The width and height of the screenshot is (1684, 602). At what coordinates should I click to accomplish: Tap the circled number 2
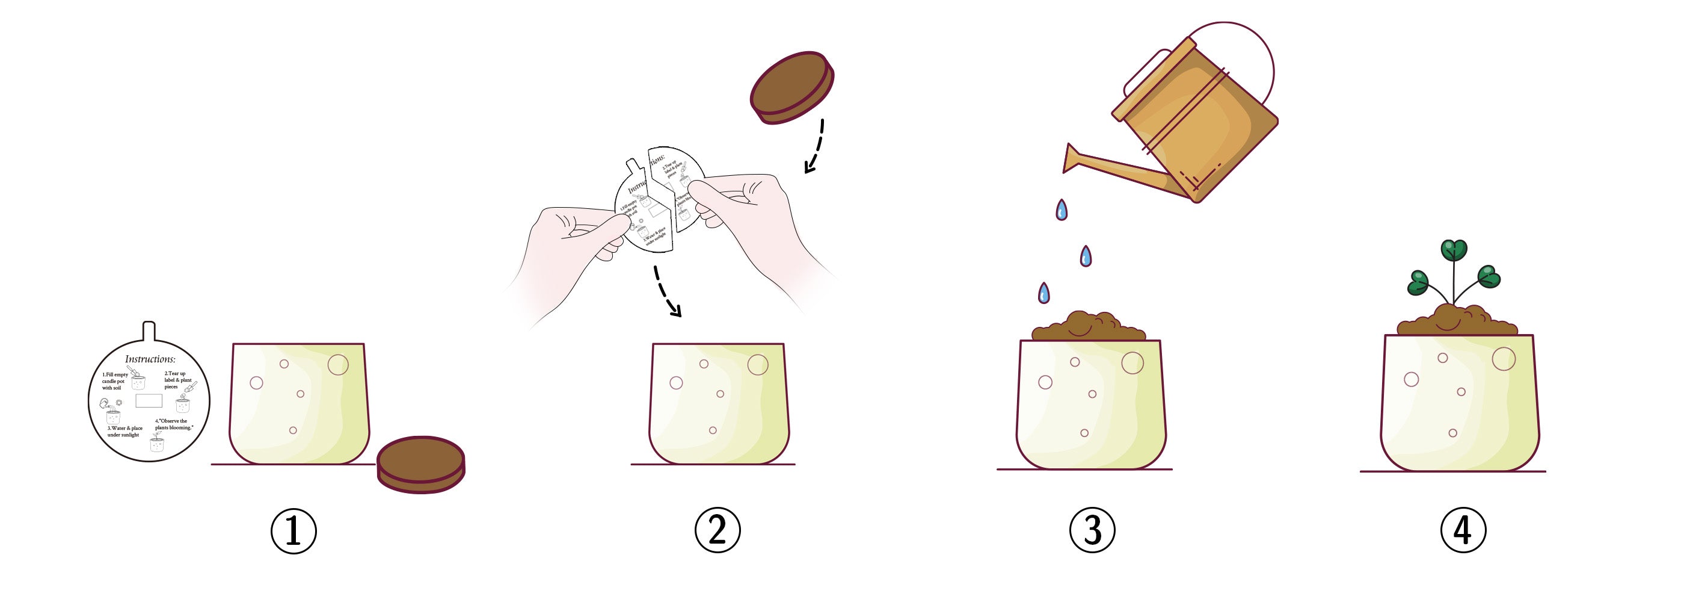pyautogui.click(x=717, y=529)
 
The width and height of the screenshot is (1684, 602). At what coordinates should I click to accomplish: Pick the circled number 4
pyautogui.click(x=1463, y=529)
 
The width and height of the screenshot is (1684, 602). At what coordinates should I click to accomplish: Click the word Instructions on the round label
pyautogui.click(x=150, y=359)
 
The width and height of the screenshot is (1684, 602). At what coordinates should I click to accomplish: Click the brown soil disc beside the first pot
pyautogui.click(x=421, y=464)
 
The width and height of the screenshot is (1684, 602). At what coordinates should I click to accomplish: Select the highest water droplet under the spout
pyautogui.click(x=1062, y=210)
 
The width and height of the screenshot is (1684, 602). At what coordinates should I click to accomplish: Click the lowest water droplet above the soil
pyautogui.click(x=1044, y=293)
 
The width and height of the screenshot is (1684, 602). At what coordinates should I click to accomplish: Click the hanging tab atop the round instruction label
pyautogui.click(x=149, y=331)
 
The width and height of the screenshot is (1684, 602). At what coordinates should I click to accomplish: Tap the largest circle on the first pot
pyautogui.click(x=338, y=364)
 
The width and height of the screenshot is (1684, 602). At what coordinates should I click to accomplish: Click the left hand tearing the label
pyautogui.click(x=576, y=242)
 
